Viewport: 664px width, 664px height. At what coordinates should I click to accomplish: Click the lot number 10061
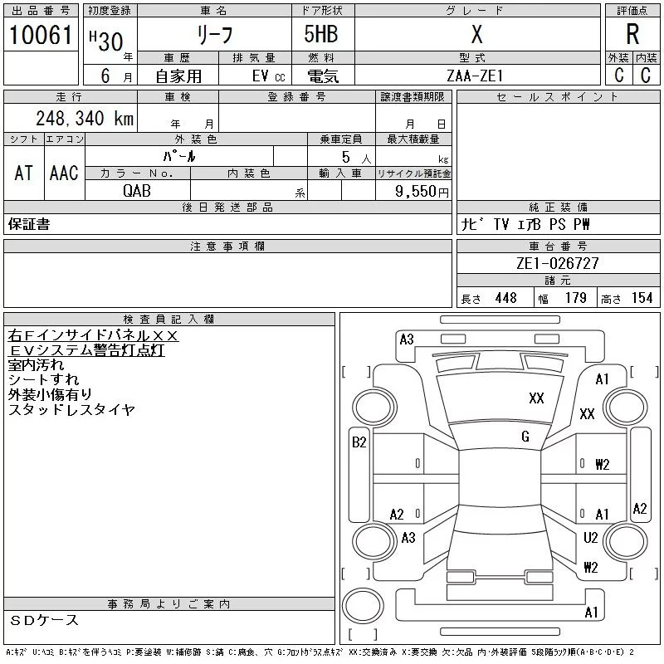point(41,35)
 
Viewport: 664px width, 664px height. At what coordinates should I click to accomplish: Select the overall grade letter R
point(632,35)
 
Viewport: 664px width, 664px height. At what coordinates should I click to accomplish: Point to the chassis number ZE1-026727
point(557,263)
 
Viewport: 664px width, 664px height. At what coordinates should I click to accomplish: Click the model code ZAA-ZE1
point(475,76)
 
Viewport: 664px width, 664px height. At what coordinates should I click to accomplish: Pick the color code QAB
point(138,189)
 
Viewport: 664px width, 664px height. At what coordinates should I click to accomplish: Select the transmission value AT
point(24,173)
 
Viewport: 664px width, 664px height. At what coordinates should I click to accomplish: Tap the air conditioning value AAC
point(64,173)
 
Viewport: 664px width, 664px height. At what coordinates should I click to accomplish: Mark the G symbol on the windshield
point(525,437)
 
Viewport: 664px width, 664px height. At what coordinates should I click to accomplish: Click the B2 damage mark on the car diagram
point(359,442)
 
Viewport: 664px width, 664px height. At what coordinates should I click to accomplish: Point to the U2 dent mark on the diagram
point(591,538)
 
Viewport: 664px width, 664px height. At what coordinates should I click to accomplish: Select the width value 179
point(575,298)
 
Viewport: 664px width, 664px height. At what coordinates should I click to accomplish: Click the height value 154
point(642,298)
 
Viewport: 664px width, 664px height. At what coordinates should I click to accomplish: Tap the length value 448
point(505,298)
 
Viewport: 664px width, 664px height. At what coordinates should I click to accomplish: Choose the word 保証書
point(29,225)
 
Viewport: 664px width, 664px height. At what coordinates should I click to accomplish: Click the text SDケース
point(45,620)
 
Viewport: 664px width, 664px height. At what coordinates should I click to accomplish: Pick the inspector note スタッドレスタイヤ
point(71,410)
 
